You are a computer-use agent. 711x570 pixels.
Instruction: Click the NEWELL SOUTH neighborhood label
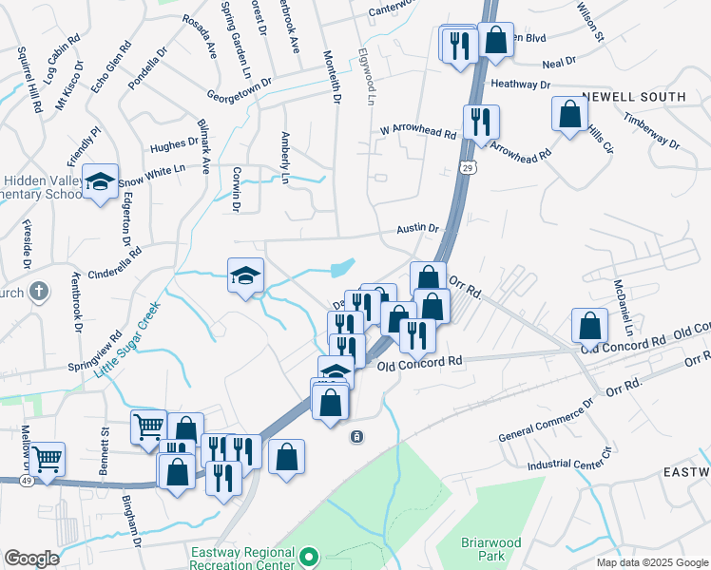tap(634, 97)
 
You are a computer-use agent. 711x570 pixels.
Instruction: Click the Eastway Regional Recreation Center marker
tap(308, 555)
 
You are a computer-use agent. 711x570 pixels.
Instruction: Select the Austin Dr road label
tap(418, 229)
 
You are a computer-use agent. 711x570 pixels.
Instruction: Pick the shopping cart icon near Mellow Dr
tap(47, 459)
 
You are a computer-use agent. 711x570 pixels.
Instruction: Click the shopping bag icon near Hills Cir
tap(568, 114)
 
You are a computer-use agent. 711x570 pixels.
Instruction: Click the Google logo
tap(31, 559)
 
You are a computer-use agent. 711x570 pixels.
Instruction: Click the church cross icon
tap(39, 290)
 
